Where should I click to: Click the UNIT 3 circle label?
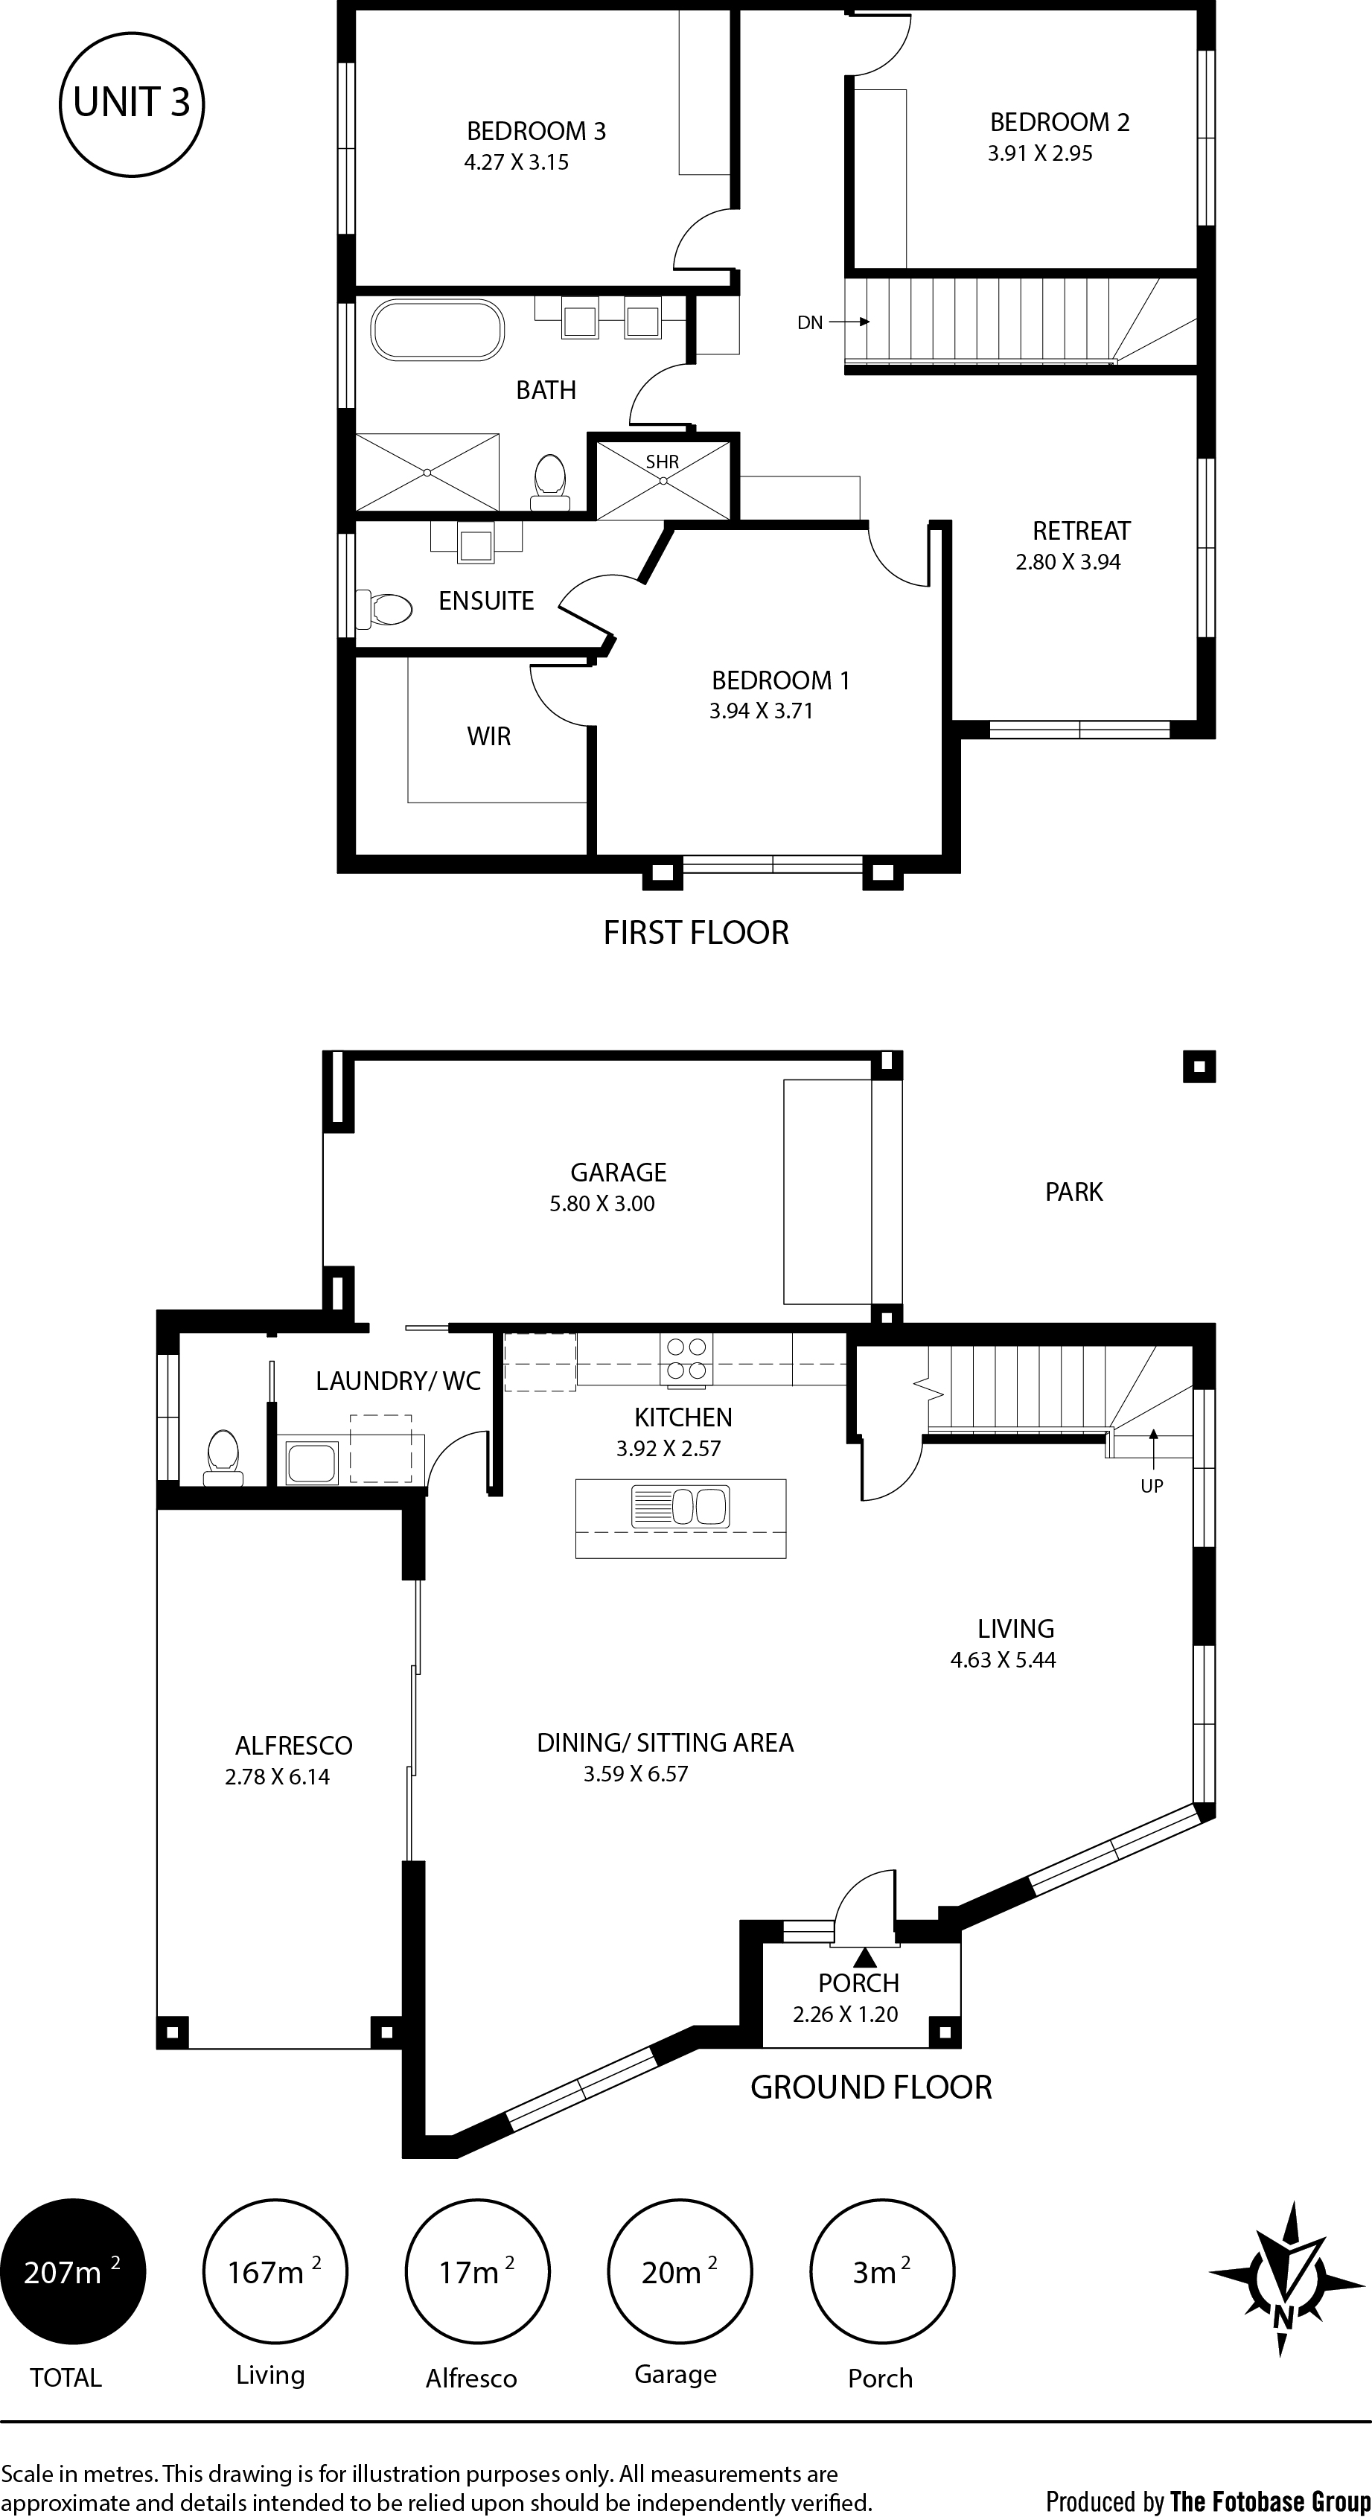[x=132, y=103]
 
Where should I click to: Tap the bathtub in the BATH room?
[x=438, y=331]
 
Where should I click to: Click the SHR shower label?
[x=662, y=462]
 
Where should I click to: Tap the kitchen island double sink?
[x=681, y=1506]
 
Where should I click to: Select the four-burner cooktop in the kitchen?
[x=687, y=1359]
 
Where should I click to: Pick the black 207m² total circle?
[x=73, y=2272]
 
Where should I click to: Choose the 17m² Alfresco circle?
[x=478, y=2272]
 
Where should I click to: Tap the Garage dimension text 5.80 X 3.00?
[x=602, y=1204]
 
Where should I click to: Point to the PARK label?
[x=1074, y=1192]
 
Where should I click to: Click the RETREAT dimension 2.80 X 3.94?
[x=1068, y=562]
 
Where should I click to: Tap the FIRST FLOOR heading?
[x=696, y=933]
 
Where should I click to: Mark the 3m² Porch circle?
[x=882, y=2272]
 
